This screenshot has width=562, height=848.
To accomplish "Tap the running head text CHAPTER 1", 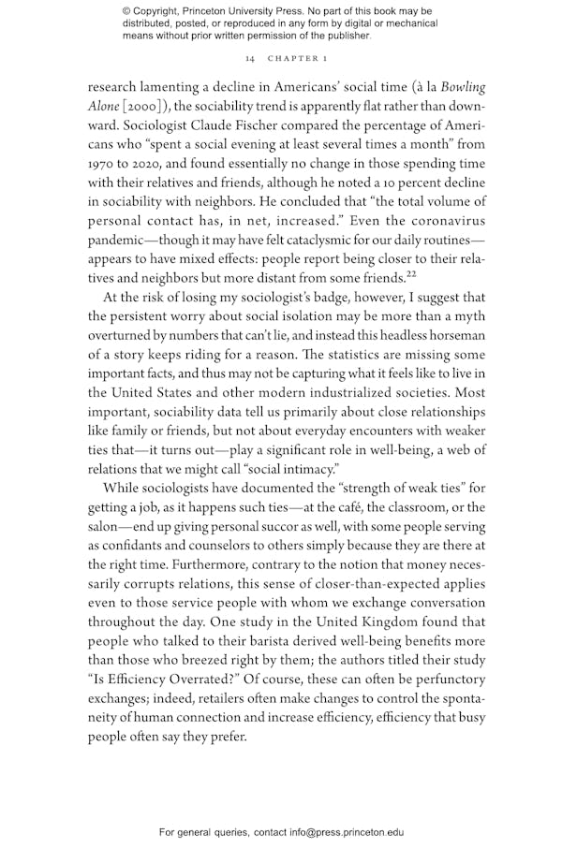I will tap(297, 59).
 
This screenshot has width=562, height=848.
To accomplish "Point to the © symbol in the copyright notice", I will tap(128, 12).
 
